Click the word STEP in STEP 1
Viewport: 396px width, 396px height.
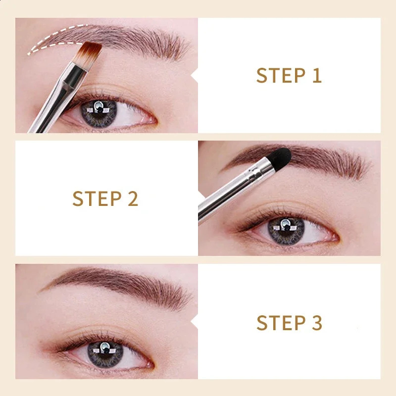pos(279,76)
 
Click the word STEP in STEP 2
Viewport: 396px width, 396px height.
pos(95,198)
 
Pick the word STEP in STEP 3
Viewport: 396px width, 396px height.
pos(279,323)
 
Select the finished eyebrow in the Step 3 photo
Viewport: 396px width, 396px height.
pos(124,282)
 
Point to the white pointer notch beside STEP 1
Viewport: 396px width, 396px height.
pos(195,76)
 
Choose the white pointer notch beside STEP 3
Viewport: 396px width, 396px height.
pos(195,323)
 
